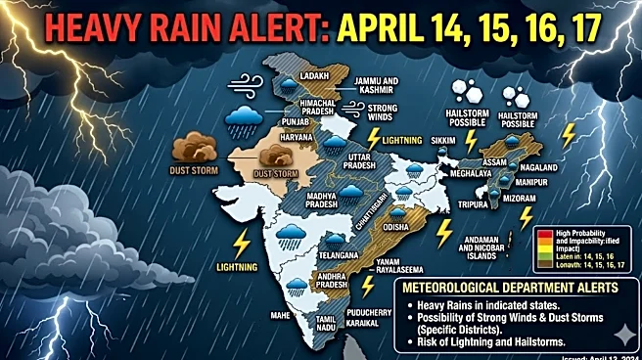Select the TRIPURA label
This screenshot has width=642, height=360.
[477, 205]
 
